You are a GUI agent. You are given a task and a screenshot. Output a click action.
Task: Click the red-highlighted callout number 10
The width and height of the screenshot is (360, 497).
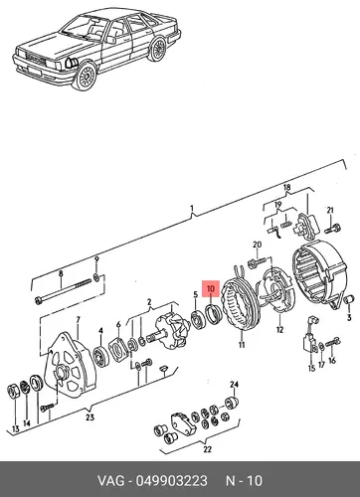(x=211, y=288)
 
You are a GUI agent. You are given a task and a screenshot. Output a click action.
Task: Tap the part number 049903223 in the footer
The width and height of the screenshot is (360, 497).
(x=172, y=481)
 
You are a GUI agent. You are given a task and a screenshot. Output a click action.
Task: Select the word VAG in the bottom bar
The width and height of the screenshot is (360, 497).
(x=110, y=481)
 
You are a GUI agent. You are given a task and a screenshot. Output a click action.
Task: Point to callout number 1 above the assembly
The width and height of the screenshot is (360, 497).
(x=192, y=209)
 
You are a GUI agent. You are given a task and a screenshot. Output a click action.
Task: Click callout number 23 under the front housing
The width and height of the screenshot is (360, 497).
(x=90, y=417)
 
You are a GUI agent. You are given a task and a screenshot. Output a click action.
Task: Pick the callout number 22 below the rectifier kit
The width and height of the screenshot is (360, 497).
(x=207, y=449)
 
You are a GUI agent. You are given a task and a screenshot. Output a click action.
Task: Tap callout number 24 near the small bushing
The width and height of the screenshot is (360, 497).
(x=235, y=385)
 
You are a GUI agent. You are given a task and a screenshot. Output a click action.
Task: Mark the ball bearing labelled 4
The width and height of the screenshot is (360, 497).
(x=101, y=356)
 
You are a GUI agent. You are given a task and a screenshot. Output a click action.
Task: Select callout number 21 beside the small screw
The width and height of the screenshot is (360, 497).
(x=330, y=210)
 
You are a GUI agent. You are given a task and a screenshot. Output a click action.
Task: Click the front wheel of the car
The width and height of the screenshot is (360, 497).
(x=87, y=77)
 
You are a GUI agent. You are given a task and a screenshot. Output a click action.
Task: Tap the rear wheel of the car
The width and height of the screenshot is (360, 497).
(x=157, y=49)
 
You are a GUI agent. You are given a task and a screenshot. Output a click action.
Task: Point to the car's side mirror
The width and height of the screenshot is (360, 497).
(x=111, y=40)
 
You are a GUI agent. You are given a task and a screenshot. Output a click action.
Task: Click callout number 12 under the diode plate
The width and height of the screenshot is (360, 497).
(x=280, y=330)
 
